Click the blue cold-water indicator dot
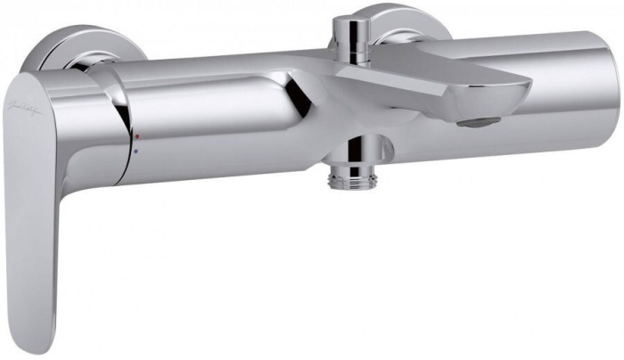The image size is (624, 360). (x=135, y=151)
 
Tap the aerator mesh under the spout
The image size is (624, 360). (x=479, y=124)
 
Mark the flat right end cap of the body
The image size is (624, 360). (x=612, y=80)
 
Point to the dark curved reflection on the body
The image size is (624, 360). (x=285, y=107)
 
